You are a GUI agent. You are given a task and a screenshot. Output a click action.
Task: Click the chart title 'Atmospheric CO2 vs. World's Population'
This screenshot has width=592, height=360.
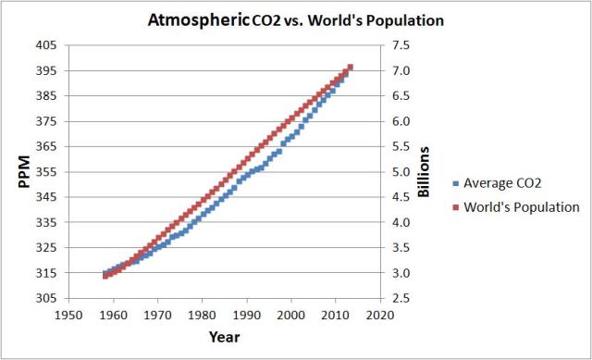coord(295,19)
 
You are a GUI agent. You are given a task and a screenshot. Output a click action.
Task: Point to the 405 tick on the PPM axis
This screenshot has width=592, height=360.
coord(44,45)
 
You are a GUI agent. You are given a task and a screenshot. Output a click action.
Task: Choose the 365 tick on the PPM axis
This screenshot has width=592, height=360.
coord(44,146)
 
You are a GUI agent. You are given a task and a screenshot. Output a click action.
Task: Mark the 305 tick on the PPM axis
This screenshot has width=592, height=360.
coord(44,299)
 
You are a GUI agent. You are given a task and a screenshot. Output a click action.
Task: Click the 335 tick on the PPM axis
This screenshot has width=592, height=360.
coord(44,223)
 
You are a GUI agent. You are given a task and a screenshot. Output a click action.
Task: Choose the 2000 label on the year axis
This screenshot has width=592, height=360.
coord(291,315)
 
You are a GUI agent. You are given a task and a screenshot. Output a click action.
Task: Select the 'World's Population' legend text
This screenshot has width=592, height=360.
coord(523,207)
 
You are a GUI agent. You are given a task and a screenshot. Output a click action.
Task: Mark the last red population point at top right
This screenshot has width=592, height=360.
coord(351,67)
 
